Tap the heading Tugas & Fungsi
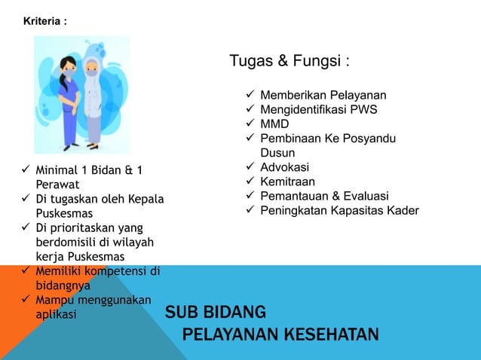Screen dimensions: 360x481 point(290,60)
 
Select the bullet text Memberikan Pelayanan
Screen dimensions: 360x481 point(323,96)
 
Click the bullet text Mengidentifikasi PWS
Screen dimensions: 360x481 point(319,110)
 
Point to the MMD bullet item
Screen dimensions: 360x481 point(274,124)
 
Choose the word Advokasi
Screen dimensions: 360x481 point(284,167)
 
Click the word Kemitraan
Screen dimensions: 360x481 point(287,182)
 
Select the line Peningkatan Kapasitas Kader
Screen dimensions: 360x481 point(339,210)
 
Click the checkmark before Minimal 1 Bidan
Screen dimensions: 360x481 point(25,169)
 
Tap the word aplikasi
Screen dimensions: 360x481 point(56,314)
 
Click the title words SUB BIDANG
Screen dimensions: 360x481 point(216,312)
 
